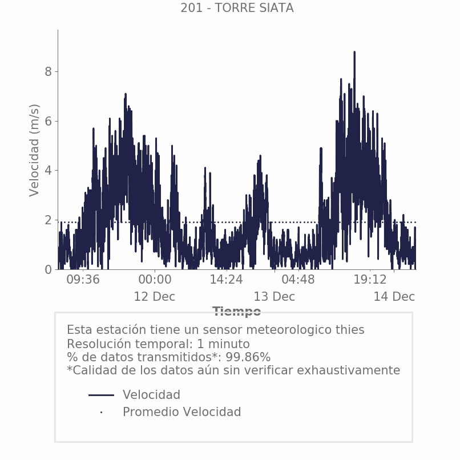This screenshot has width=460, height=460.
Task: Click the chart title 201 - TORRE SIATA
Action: [x=237, y=8]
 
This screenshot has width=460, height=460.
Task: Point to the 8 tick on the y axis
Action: [x=49, y=71]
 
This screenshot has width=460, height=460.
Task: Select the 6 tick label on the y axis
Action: [x=49, y=121]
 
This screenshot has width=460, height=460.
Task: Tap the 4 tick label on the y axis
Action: [x=49, y=170]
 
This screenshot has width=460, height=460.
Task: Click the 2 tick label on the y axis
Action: [x=49, y=220]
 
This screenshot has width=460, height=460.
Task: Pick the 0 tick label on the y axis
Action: [x=49, y=269]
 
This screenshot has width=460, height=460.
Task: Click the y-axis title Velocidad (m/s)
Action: [x=35, y=150]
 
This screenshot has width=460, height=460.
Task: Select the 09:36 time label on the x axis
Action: [x=83, y=280]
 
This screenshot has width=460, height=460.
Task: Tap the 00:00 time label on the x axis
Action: [x=155, y=280]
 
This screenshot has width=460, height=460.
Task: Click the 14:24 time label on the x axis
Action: [x=227, y=280]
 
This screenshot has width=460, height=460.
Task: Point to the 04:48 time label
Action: [x=298, y=280]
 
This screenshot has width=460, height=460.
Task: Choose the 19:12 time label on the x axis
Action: [x=370, y=280]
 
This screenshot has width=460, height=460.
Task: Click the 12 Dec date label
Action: [x=155, y=297]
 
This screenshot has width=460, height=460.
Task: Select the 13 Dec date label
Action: [x=275, y=297]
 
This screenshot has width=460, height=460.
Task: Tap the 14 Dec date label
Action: [x=394, y=297]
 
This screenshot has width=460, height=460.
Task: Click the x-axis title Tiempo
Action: [x=237, y=312]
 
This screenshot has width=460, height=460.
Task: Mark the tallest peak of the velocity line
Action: [x=354, y=53]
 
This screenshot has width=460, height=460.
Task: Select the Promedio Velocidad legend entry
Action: [x=181, y=412]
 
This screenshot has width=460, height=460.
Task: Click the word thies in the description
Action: [x=348, y=330]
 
